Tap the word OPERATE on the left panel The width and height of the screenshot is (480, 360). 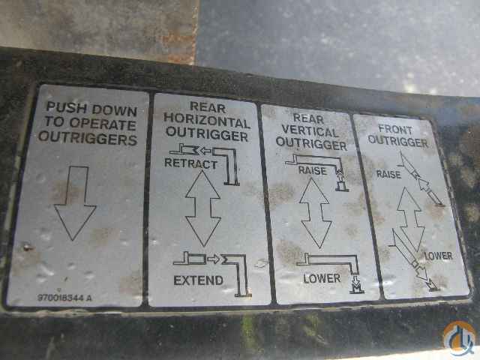(x=103, y=124)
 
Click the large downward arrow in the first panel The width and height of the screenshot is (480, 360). (x=75, y=203)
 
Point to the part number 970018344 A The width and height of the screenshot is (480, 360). (x=64, y=298)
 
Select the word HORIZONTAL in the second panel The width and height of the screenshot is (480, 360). (x=207, y=121)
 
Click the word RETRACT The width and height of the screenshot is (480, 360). (x=190, y=163)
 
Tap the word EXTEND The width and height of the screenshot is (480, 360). (x=198, y=280)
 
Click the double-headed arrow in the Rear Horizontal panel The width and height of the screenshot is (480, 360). (x=203, y=208)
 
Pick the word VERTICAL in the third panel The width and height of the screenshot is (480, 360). (x=310, y=131)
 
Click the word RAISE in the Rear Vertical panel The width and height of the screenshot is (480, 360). (x=312, y=170)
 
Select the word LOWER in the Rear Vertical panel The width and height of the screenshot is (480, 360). (x=322, y=278)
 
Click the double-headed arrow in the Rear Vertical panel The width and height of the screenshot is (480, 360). (x=316, y=213)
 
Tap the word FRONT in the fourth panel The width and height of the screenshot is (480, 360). (x=395, y=130)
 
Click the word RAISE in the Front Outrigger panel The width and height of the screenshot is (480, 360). (x=388, y=175)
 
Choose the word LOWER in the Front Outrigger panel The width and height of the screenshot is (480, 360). (x=439, y=256)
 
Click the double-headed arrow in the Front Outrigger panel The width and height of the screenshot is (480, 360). (x=411, y=219)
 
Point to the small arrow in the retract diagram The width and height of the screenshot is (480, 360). (x=205, y=151)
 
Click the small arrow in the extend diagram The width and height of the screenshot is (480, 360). (x=214, y=259)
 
